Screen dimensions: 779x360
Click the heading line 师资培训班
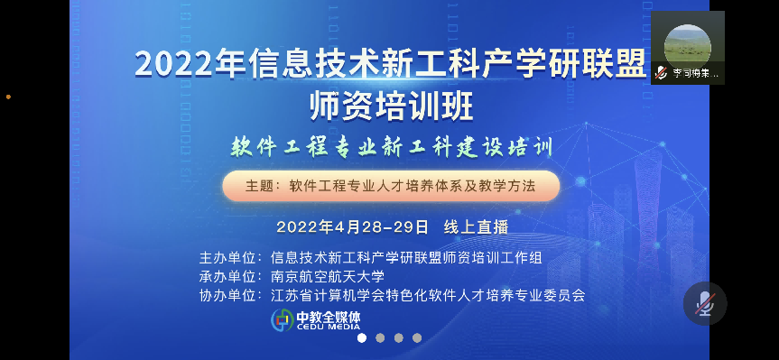392,106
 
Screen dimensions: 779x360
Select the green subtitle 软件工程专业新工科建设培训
392,147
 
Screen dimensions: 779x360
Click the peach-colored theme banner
391,186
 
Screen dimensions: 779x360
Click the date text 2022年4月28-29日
352,227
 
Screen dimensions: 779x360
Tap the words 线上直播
476,227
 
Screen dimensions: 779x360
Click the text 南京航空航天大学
328,277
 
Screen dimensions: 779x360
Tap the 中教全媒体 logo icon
283,319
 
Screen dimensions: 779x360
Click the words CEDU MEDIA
328,327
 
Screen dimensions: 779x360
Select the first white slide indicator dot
362,337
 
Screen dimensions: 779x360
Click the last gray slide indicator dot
417,337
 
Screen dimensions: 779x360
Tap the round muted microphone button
705,303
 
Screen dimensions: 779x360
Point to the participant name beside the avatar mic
696,73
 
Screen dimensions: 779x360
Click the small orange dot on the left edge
8,97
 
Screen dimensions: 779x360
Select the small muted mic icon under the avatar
661,73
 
